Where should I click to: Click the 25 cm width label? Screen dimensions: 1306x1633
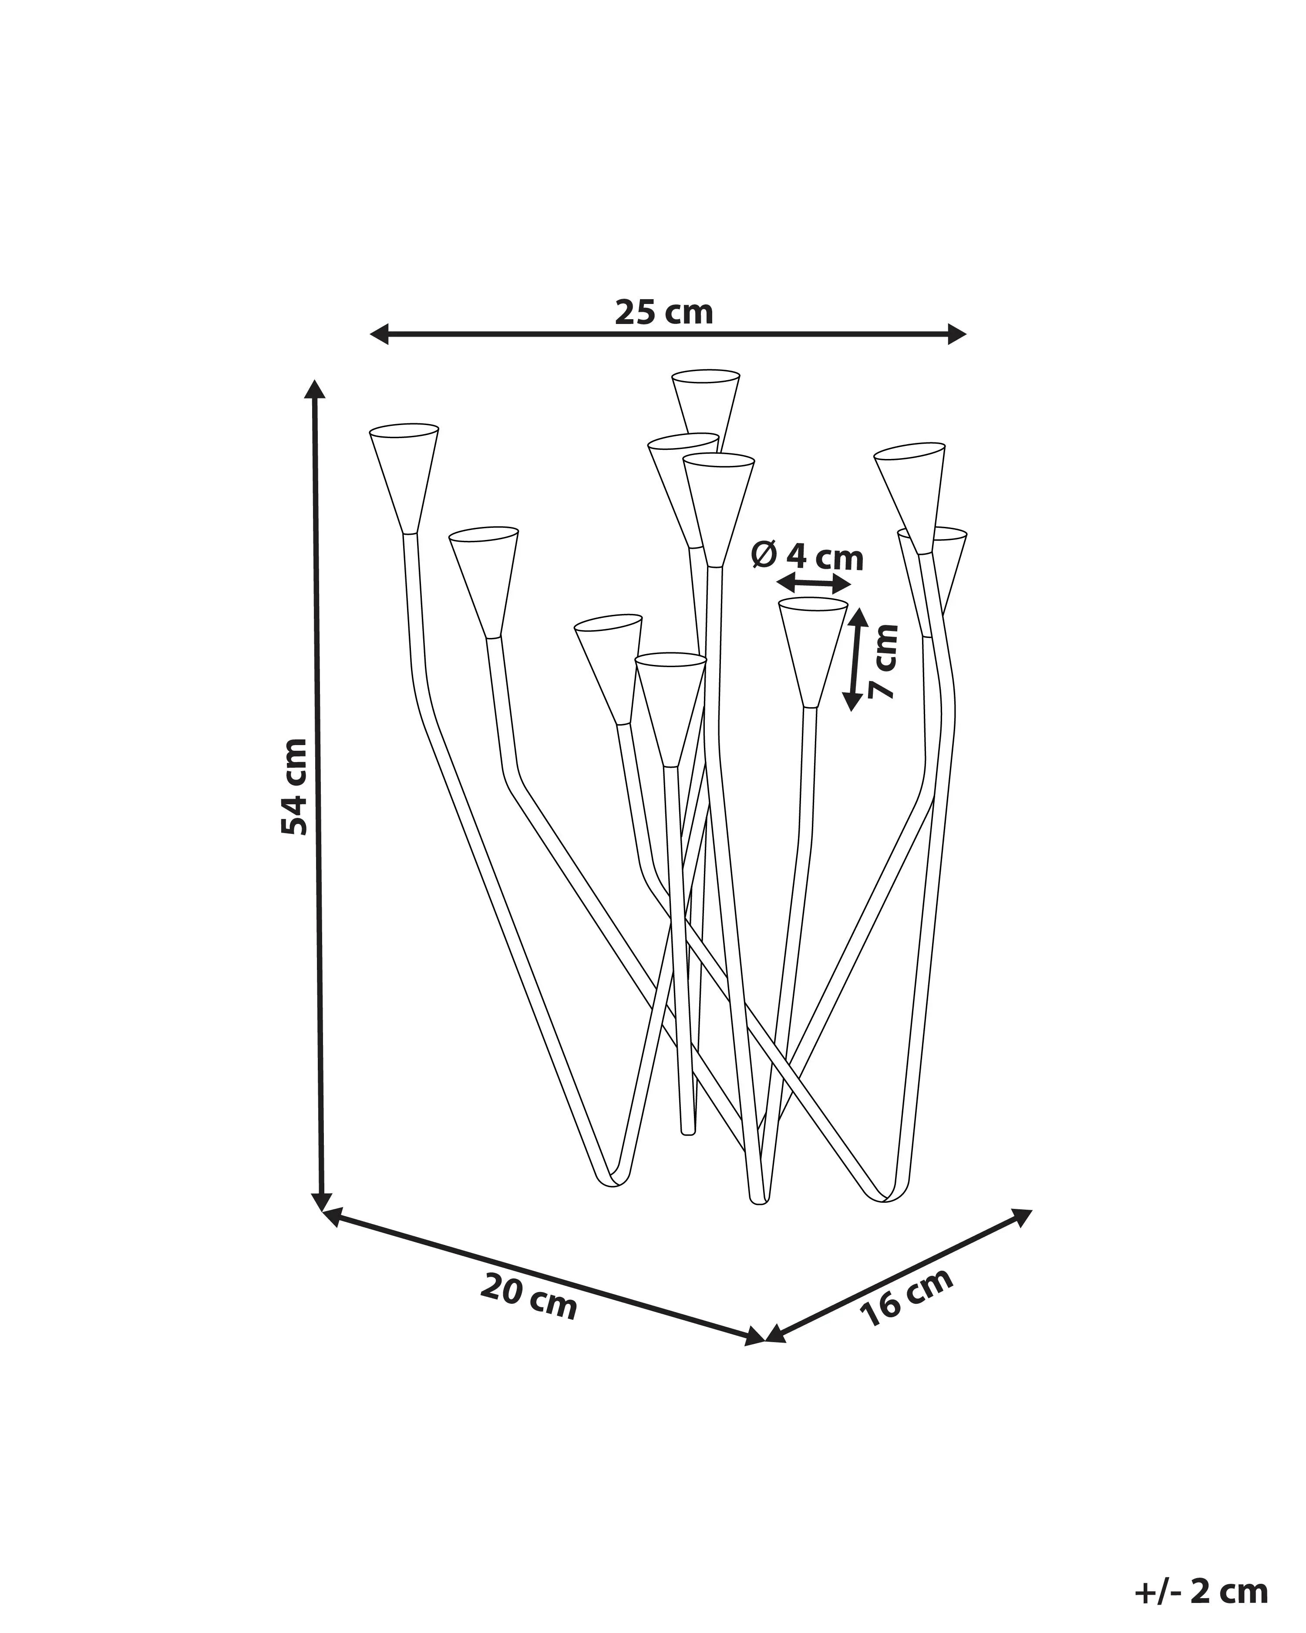click(x=664, y=312)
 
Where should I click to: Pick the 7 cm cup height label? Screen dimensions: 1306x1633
click(x=884, y=661)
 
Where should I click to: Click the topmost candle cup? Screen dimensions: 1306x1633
click(x=706, y=405)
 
